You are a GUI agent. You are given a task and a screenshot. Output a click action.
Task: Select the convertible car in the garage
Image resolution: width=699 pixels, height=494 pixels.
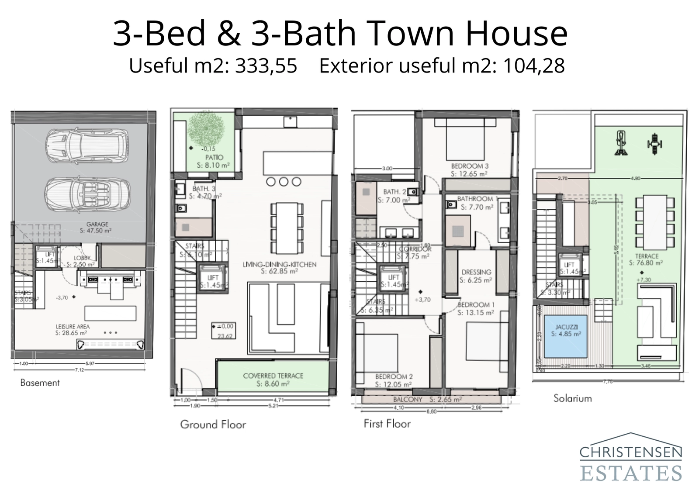pos(87,194)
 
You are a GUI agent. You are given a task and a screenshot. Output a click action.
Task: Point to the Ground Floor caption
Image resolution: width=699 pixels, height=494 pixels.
pos(213,424)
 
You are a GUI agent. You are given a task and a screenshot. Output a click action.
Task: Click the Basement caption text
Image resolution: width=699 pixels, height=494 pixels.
pos(40,383)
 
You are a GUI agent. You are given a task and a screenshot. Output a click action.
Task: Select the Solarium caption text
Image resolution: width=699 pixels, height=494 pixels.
pos(572,398)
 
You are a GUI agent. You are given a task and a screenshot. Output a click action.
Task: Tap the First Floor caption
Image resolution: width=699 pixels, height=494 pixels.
pos(387,423)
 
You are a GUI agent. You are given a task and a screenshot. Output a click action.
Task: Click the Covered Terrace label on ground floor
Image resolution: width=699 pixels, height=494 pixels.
pos(273,376)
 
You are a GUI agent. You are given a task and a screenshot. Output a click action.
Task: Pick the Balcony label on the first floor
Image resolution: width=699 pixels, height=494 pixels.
pos(408,399)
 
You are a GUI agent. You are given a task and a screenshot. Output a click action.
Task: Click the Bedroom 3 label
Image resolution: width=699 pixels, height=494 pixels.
pos(470,166)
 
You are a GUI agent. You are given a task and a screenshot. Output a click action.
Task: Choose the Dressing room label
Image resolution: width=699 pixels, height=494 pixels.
pos(476,272)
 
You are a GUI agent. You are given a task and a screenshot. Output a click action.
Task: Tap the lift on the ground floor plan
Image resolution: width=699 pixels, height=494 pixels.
pos(213,278)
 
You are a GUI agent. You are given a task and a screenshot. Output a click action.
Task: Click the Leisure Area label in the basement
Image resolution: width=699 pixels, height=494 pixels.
pos(73,326)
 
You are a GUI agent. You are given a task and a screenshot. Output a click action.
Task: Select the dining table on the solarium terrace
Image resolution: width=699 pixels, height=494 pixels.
pos(654,221)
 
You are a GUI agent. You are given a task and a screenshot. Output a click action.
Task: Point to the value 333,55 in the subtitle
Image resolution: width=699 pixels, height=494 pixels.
pos(266,66)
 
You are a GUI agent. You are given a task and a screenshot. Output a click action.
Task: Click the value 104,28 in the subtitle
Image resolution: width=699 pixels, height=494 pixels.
pos(534,66)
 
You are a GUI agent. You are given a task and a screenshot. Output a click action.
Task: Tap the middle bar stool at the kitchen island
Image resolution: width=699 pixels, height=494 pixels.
pos(284,182)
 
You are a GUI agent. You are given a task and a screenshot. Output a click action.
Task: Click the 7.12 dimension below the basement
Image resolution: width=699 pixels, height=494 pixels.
pos(79,370)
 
